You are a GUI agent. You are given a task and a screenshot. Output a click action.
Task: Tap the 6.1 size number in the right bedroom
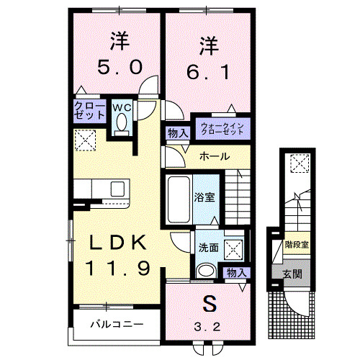pyautogui.click(x=208, y=71)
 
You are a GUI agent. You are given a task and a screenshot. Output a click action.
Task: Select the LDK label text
pyautogui.click(x=119, y=243)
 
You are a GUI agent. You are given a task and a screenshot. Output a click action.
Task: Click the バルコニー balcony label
pyautogui.click(x=116, y=324)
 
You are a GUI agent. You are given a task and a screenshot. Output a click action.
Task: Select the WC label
pyautogui.click(x=120, y=108)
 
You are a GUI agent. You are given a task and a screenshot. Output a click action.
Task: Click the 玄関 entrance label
pyautogui.click(x=292, y=275)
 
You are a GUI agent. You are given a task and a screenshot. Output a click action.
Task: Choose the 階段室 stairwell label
pyautogui.click(x=295, y=244)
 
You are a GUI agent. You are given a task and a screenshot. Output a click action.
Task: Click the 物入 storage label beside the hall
pyautogui.click(x=177, y=132)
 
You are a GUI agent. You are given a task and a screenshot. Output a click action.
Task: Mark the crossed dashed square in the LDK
pyautogui.click(x=86, y=139)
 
